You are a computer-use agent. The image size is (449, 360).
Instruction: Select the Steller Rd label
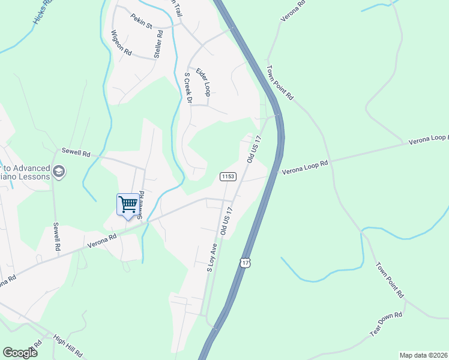[158, 47]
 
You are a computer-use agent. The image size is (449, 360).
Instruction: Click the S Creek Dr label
[187, 88]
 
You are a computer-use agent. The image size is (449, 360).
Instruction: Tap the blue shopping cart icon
[127, 205]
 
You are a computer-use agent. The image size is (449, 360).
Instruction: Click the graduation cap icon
[58, 172]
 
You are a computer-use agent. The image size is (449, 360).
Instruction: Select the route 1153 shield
[228, 176]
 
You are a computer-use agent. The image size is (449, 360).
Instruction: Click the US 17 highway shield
[244, 263]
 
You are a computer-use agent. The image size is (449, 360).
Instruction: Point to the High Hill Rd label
[67, 346]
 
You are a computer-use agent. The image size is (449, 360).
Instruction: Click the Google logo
[20, 353]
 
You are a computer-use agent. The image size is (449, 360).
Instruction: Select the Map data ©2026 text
[423, 355]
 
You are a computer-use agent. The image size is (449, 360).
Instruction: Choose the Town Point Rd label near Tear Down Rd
[390, 280]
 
